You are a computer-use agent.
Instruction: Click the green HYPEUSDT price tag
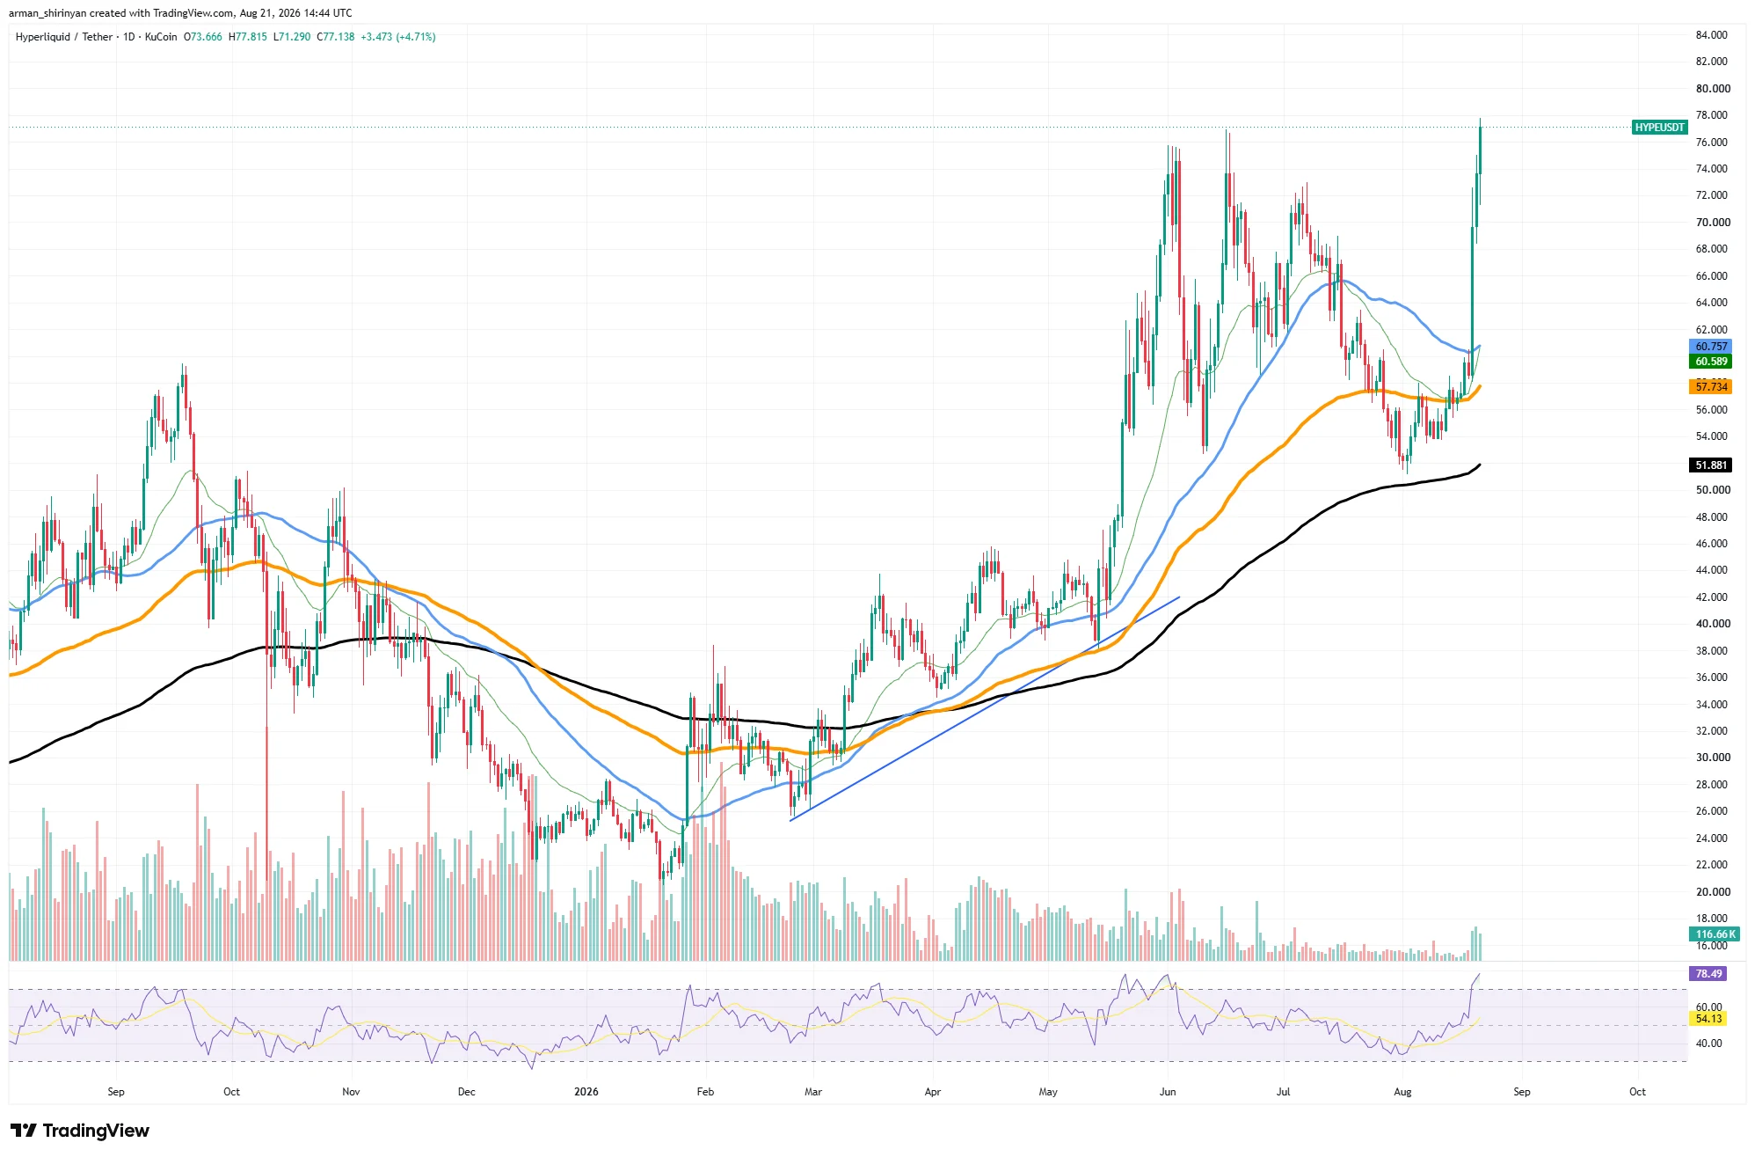click(1659, 128)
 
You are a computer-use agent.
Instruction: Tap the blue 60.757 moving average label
click(1711, 347)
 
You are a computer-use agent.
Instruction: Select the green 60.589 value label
click(1711, 362)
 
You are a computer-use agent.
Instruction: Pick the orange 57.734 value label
click(1711, 387)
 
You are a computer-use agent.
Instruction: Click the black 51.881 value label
click(1711, 465)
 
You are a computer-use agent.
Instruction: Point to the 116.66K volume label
click(1715, 934)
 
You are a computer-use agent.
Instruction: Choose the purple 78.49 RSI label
click(1709, 974)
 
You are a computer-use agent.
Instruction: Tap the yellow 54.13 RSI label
click(1709, 1019)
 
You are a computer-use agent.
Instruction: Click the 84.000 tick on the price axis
click(1712, 35)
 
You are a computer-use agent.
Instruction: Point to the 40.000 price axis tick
click(1713, 624)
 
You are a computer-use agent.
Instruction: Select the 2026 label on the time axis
click(586, 1092)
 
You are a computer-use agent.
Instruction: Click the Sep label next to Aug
click(1521, 1092)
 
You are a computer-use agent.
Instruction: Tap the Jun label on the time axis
click(1168, 1092)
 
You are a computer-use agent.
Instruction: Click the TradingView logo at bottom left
click(81, 1131)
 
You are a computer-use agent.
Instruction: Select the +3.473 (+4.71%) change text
click(398, 37)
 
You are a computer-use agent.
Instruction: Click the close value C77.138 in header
click(336, 37)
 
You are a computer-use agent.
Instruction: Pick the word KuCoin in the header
click(161, 37)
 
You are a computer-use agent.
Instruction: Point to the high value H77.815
click(248, 37)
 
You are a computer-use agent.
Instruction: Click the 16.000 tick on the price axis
click(1712, 946)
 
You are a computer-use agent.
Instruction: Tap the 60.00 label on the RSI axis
click(1708, 1007)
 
